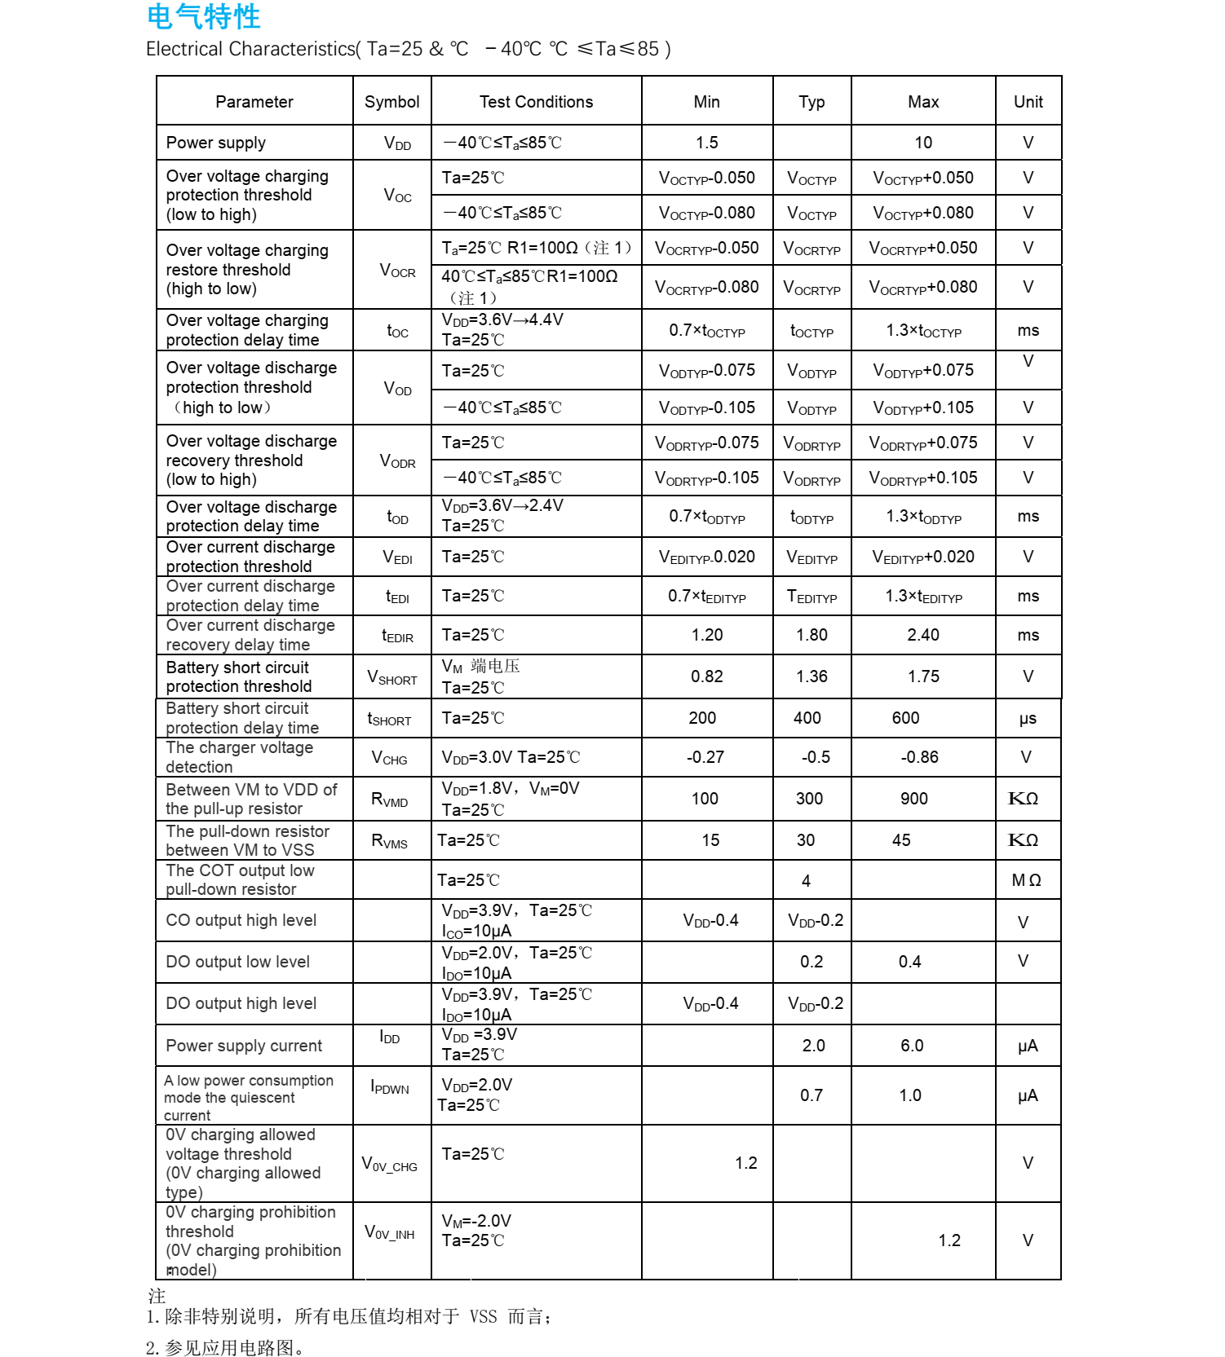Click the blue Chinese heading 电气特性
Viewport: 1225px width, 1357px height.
[204, 16]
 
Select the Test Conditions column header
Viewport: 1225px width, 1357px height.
[536, 102]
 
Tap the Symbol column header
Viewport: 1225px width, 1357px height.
[391, 102]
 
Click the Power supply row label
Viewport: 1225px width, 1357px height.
[216, 143]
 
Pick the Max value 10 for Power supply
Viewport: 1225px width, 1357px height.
[923, 143]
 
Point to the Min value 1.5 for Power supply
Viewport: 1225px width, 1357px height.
[706, 143]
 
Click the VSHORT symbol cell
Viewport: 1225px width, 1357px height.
[391, 677]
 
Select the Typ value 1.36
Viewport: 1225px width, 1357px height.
[812, 676]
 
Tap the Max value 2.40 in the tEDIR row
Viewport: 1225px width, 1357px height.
[923, 635]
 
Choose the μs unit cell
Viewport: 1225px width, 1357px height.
[1028, 719]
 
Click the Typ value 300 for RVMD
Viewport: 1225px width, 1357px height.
[809, 799]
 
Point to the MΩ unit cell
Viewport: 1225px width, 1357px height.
[1026, 880]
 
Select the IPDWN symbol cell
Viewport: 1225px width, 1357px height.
[390, 1086]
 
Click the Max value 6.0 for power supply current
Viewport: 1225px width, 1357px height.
[912, 1046]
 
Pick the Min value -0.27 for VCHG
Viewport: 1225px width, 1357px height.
[705, 757]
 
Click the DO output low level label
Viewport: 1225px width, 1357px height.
[238, 962]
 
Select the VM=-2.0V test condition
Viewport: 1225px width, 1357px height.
[476, 1221]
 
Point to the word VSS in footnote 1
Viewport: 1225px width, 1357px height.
[483, 1316]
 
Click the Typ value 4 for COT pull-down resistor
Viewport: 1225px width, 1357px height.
[806, 881]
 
